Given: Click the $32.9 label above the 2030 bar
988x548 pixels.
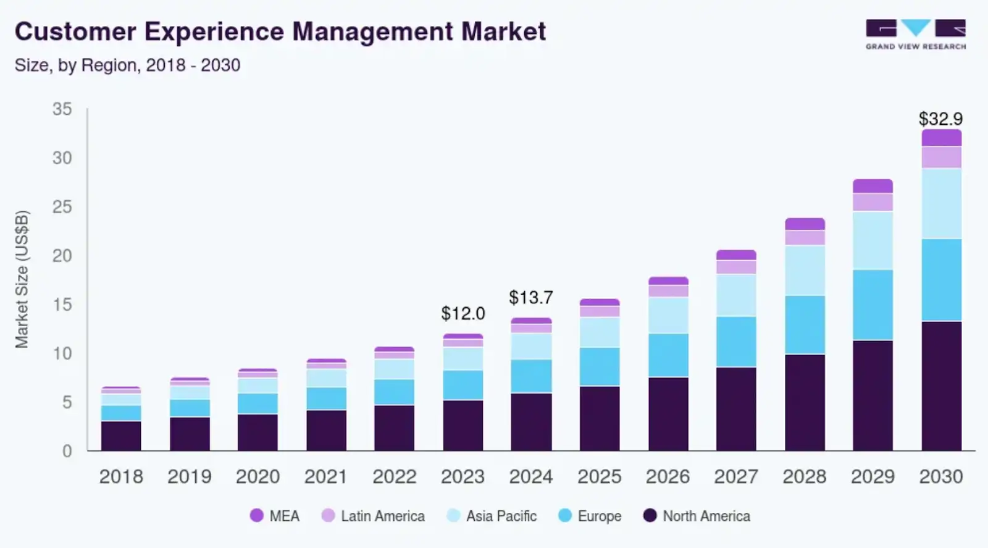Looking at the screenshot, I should (x=940, y=119).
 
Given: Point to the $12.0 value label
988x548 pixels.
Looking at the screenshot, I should (x=463, y=314).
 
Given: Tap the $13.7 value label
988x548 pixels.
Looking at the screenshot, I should (x=531, y=298).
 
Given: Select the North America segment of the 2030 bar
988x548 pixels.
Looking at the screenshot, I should (x=941, y=386).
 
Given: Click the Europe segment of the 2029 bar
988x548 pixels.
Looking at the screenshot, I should (x=873, y=305).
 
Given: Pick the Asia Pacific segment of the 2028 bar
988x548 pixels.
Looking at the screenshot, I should (x=805, y=270).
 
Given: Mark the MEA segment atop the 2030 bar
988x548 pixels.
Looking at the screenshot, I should (x=941, y=138).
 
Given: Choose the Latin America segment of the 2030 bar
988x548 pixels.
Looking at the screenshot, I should (x=941, y=158).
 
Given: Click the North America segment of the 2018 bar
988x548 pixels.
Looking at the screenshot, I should (x=121, y=436).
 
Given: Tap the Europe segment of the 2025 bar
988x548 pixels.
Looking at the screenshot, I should (x=600, y=366).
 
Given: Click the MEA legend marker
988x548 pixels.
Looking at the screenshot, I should (x=257, y=515).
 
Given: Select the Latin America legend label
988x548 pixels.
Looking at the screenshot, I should (x=383, y=516).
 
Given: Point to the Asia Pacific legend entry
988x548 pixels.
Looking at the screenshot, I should (x=492, y=516).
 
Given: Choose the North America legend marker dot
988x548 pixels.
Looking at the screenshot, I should (x=650, y=515).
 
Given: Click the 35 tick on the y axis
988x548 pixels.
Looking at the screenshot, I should (x=62, y=109).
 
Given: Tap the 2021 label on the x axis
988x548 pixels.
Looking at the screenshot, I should (x=326, y=477).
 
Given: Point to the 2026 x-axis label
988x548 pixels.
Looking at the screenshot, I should (x=668, y=477).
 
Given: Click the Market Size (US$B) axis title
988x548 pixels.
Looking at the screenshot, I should (x=22, y=279).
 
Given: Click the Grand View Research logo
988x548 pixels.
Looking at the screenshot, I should (x=916, y=35).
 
